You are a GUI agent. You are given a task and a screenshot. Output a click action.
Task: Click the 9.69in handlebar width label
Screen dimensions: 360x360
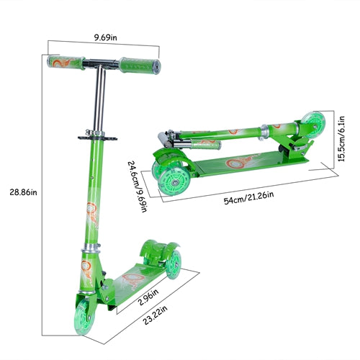point(105,37)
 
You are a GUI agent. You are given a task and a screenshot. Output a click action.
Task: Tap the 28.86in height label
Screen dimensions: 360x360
point(23,192)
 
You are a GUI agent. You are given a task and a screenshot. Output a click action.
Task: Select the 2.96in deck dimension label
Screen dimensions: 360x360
point(149,297)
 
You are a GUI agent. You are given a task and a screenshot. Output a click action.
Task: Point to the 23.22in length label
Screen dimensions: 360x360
point(156,315)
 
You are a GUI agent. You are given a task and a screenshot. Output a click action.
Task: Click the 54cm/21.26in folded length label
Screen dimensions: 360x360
point(248,197)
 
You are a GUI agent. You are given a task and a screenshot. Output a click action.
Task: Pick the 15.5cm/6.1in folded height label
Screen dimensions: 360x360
point(341,139)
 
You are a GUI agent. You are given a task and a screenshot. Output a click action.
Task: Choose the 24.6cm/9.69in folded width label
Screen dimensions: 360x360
point(138,186)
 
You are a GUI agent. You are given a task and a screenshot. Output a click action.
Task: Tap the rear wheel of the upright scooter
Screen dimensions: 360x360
point(174,265)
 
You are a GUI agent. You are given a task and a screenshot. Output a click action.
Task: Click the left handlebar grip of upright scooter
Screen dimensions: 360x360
point(66,62)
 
